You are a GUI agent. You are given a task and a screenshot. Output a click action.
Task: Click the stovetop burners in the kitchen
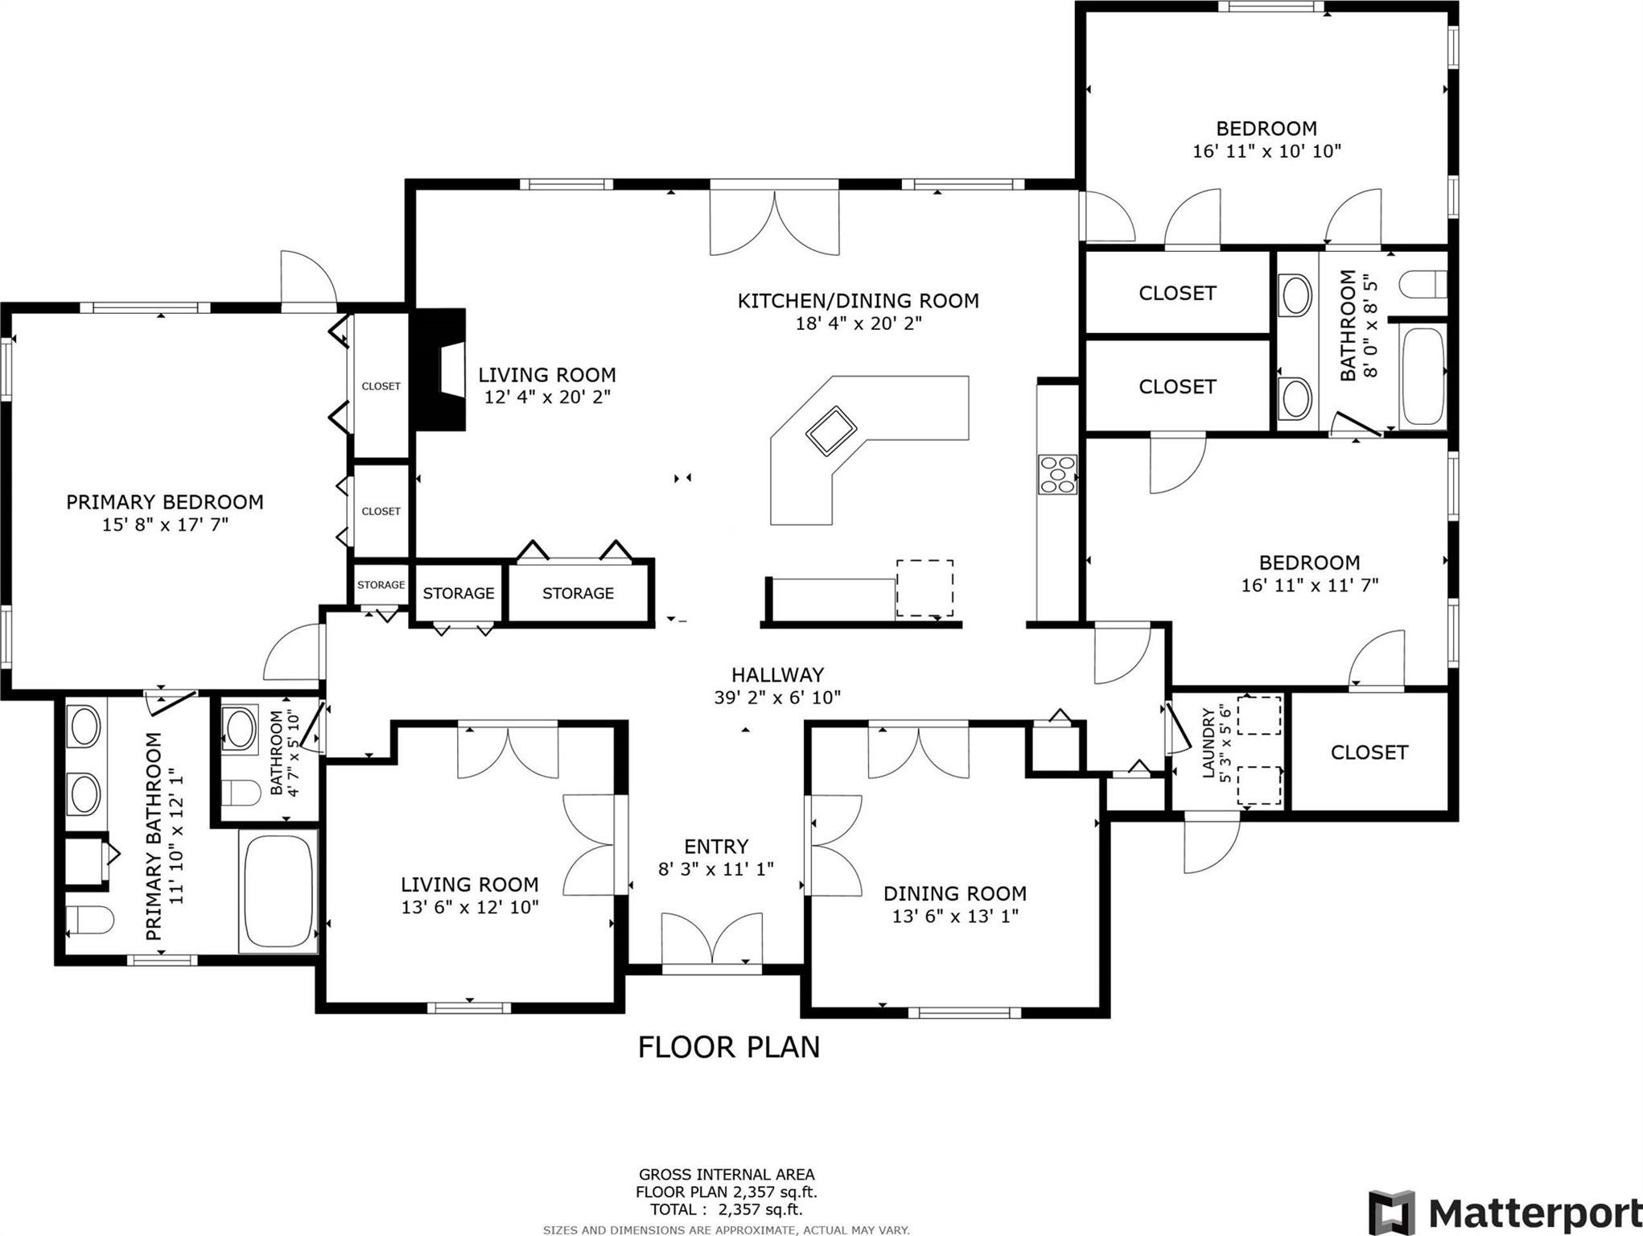[x=1057, y=474]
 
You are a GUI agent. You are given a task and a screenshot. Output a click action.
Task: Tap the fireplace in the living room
[x=439, y=369]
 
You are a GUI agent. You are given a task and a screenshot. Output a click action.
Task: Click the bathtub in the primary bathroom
[x=278, y=892]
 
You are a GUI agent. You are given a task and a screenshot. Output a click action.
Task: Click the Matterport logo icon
[x=1392, y=1211]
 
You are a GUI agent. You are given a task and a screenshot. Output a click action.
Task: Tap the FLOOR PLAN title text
[x=729, y=1047]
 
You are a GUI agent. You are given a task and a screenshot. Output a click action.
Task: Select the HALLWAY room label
[x=777, y=674]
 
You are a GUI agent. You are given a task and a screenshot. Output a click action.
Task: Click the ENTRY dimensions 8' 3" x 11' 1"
[x=716, y=868]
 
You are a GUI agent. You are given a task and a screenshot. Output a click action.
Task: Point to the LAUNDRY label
[x=1208, y=743]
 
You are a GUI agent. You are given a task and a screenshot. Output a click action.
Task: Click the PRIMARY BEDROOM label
[x=165, y=502]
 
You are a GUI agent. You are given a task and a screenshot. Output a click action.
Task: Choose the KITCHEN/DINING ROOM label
[x=859, y=301]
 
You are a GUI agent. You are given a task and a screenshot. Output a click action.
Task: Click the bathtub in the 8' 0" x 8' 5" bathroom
[x=1423, y=377]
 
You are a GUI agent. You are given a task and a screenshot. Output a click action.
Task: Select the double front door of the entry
[x=712, y=940]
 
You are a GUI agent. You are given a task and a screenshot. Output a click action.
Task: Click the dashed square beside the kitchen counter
[x=925, y=588]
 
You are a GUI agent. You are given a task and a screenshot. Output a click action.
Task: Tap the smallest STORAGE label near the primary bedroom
[x=381, y=585]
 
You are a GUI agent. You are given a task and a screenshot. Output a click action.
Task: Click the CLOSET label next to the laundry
[x=1369, y=752]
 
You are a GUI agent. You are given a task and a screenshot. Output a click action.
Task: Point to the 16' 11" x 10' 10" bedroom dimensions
[x=1267, y=150]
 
